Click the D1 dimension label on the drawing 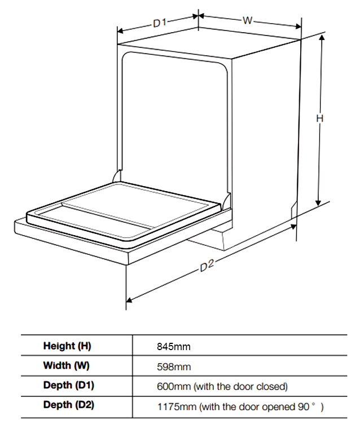[x=160, y=23]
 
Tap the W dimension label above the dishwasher [x=248, y=20]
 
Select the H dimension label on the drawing [x=319, y=119]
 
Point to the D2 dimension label [x=207, y=266]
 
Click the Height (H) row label [x=67, y=346]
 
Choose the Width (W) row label [x=67, y=365]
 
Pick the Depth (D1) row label [x=69, y=385]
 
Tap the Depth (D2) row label [x=69, y=405]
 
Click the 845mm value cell [x=174, y=346]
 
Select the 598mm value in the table [x=174, y=366]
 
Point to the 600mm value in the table [x=174, y=386]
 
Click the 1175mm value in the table [x=177, y=407]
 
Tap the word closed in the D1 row [x=272, y=386]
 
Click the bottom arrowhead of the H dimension [x=318, y=202]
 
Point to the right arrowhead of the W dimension [x=298, y=26]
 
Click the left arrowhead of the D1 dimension [x=120, y=30]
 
